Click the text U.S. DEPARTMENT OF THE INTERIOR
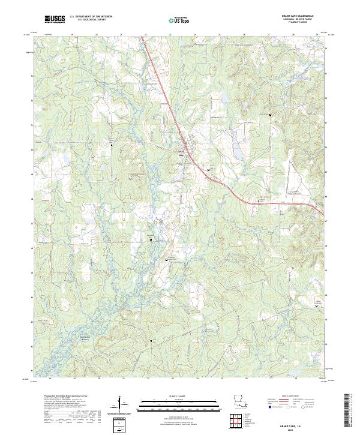coord(91,16)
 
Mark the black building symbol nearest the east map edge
coord(317,307)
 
